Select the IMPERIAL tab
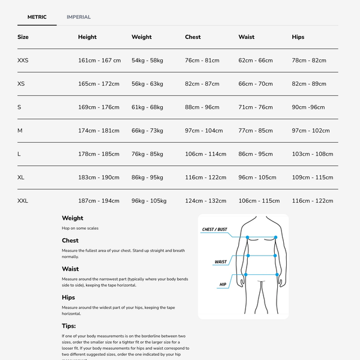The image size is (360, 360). pos(79,17)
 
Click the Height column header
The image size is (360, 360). pos(87,37)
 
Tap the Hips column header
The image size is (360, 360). pos(298,37)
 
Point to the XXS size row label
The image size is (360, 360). pos(23,61)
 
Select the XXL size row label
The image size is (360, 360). pos(23,201)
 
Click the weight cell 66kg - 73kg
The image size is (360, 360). pos(147,131)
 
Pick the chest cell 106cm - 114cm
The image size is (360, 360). pos(205,154)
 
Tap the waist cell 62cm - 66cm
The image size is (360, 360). pos(255,61)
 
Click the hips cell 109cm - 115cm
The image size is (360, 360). pos(312,178)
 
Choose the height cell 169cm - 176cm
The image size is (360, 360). pos(98,107)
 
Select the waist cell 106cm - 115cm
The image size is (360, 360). pos(259,201)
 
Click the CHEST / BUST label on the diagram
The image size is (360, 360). pos(215,230)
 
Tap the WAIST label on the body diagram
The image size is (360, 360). pos(221,262)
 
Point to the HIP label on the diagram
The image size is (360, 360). pos(223,284)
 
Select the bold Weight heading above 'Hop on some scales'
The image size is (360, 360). pos(73,218)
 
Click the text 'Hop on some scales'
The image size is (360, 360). pos(80,228)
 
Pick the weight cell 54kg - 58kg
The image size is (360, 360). pos(147,61)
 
